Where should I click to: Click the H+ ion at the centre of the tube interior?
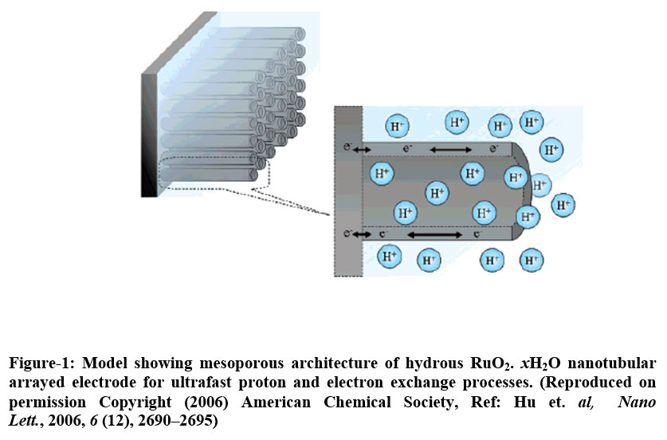(436, 192)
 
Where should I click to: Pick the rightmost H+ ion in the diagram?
(563, 205)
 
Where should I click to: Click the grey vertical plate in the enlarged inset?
(347, 191)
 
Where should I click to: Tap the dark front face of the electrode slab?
(148, 136)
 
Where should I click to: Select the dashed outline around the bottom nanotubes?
(207, 168)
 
